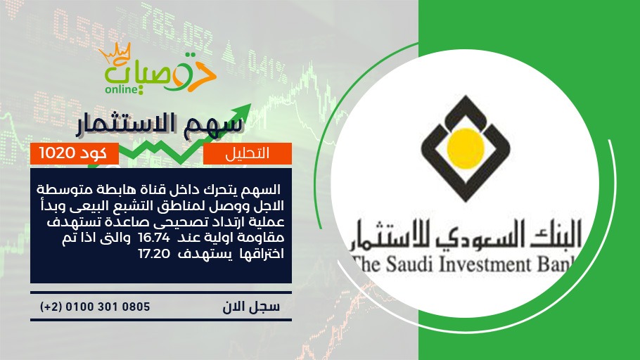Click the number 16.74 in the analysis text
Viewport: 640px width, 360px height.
tap(154, 238)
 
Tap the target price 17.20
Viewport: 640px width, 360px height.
tap(154, 254)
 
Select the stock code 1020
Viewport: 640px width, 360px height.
tap(57, 153)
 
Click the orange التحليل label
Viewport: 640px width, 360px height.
tap(248, 153)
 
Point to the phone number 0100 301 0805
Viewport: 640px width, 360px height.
tap(108, 307)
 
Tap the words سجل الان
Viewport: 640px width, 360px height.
tap(251, 307)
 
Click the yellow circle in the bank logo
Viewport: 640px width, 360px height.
tap(466, 148)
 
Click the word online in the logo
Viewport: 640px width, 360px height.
tap(122, 89)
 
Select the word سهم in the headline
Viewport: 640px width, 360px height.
tap(219, 124)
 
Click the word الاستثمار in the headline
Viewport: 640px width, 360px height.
tap(134, 124)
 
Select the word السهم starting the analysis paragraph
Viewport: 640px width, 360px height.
tap(261, 189)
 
